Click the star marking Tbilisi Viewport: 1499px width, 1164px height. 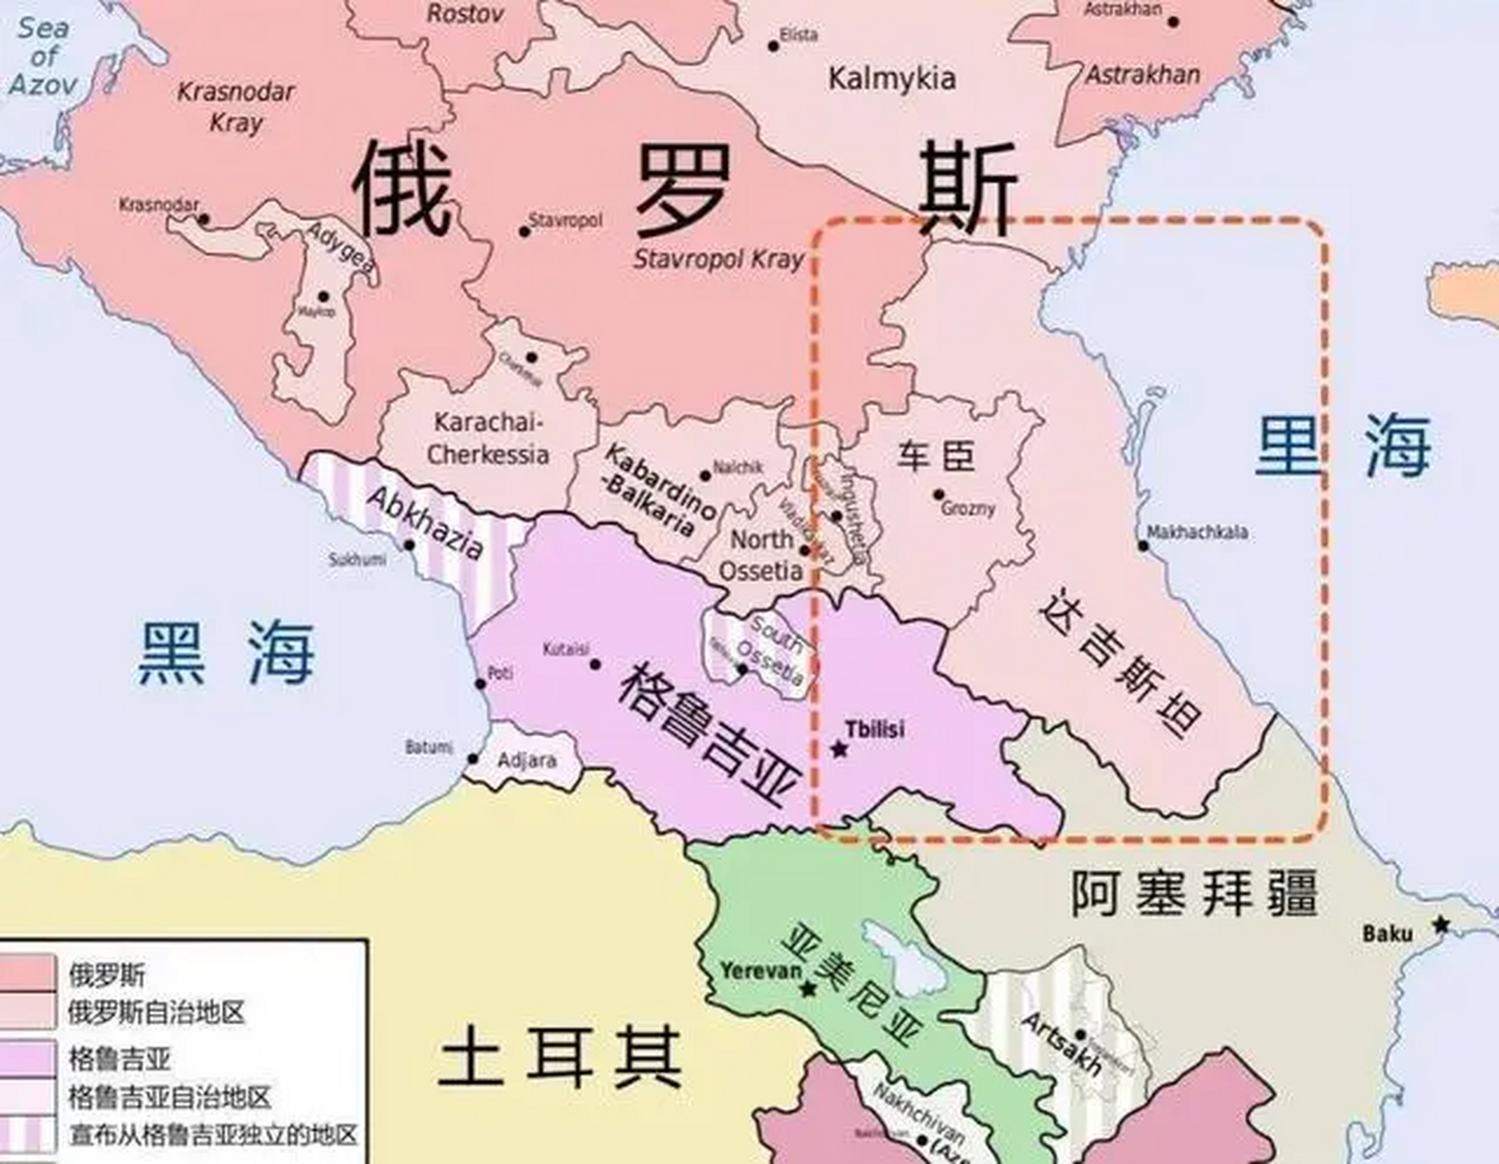coord(839,749)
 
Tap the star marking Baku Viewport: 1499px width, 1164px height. coord(1441,925)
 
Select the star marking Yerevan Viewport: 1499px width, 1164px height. coord(808,988)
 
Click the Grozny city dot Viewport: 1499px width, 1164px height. coord(939,495)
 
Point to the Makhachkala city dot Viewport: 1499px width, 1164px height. coord(1143,546)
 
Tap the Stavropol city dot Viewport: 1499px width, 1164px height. coord(524,231)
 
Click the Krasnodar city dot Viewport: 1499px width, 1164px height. coord(204,219)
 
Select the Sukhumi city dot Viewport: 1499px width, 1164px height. coord(409,546)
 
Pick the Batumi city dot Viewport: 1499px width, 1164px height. coord(473,758)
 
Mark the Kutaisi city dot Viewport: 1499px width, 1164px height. coord(595,664)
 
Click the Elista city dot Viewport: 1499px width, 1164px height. coord(773,45)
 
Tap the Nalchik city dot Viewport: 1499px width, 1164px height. coord(705,476)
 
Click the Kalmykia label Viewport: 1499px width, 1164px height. coord(891,78)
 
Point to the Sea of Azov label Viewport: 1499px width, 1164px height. coord(42,56)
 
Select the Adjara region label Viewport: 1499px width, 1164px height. coord(528,759)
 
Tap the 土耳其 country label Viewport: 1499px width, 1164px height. coord(559,1057)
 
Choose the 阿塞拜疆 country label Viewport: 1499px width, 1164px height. coord(1193,893)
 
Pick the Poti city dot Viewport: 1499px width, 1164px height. coord(480,684)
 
